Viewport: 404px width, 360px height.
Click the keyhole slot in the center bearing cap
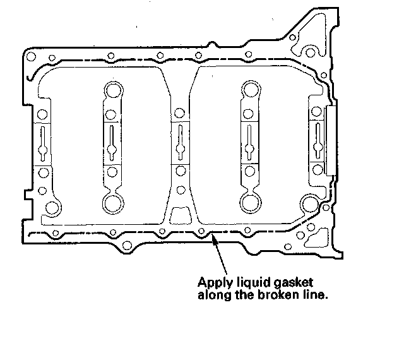(181, 143)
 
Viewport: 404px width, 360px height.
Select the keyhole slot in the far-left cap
(42, 143)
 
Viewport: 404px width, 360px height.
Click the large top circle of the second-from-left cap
(112, 90)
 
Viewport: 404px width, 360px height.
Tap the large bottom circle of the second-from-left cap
(112, 203)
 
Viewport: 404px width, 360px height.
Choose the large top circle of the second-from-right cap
(249, 90)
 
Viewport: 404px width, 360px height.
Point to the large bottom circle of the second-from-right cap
(249, 203)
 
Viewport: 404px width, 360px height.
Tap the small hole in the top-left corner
(30, 57)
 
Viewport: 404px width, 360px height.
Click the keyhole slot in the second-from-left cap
(112, 143)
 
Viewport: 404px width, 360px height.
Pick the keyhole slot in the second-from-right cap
(249, 143)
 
